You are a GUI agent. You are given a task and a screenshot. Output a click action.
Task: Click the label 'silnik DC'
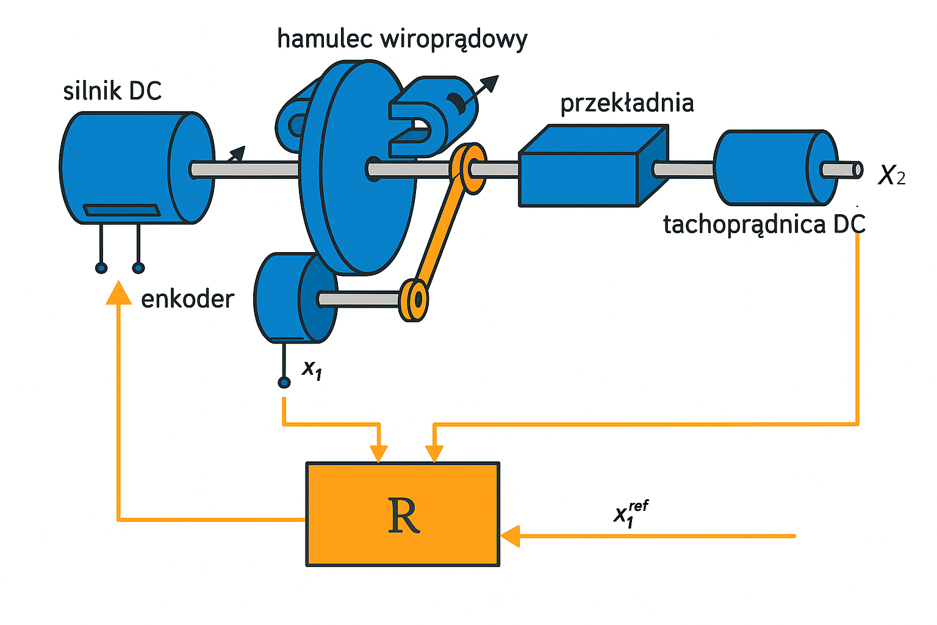coord(112,91)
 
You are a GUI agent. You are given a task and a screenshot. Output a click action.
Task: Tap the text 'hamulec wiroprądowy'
coord(401,39)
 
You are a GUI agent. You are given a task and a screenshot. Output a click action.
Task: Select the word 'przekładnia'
coord(626,103)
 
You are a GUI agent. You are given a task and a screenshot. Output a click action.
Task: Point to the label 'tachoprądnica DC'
coord(764,225)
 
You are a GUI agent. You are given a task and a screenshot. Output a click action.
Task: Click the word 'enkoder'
coord(187,299)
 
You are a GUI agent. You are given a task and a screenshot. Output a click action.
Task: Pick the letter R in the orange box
coord(403,516)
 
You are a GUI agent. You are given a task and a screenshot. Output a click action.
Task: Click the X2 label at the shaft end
coord(891,176)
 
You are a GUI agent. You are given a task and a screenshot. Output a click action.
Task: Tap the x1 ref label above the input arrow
coord(630,513)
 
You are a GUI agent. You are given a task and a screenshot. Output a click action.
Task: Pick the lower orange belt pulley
coord(415,300)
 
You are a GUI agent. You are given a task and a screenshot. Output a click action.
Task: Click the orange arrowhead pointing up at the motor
coord(118,293)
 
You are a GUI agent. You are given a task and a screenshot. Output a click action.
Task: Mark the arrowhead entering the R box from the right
coord(510,536)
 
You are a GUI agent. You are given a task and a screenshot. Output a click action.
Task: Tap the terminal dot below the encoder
coord(284,383)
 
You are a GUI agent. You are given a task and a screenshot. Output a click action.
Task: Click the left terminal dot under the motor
coord(101,268)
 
